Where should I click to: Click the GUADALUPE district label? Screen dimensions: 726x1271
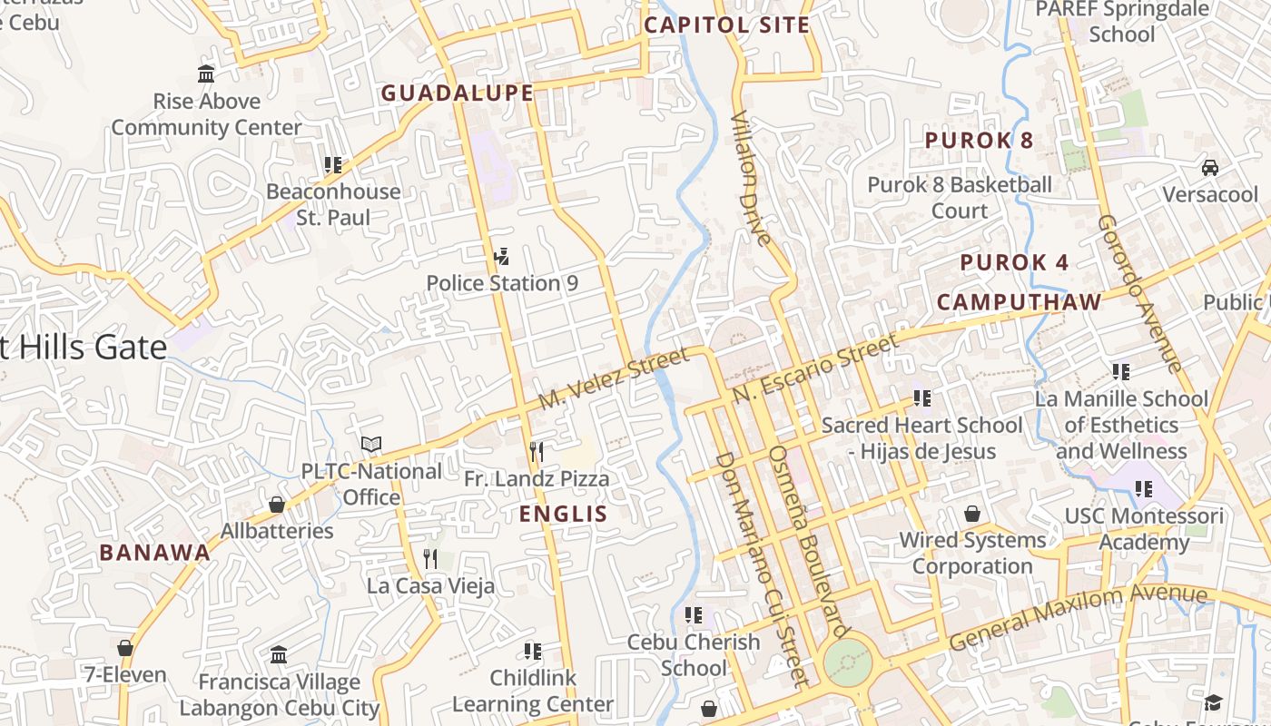pyautogui.click(x=457, y=93)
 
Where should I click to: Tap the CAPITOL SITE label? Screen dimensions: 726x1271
pyautogui.click(x=726, y=25)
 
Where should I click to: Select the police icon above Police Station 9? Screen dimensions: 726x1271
pyautogui.click(x=501, y=257)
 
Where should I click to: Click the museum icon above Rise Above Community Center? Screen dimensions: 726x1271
pyautogui.click(x=206, y=74)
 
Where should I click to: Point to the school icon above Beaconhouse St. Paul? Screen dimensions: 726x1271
pyautogui.click(x=333, y=165)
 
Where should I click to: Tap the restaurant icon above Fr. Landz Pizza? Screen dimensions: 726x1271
pyautogui.click(x=537, y=452)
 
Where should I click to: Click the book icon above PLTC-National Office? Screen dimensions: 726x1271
pyautogui.click(x=370, y=445)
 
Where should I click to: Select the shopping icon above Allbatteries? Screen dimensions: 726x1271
pyautogui.click(x=277, y=505)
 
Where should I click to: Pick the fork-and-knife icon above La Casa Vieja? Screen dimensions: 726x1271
pyautogui.click(x=430, y=559)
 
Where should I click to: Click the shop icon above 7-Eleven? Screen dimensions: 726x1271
pyautogui.click(x=125, y=648)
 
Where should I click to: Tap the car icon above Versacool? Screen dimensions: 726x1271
pyautogui.click(x=1210, y=168)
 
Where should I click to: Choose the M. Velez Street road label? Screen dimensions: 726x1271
pyautogui.click(x=613, y=381)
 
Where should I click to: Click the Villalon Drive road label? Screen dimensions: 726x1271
pyautogui.click(x=751, y=179)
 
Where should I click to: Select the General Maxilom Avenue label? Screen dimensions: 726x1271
pyautogui.click(x=1078, y=617)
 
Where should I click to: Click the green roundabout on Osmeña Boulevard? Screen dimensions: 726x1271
pyautogui.click(x=847, y=663)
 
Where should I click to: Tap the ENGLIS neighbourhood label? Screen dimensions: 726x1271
pyautogui.click(x=563, y=514)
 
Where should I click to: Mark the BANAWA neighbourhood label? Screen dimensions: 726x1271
pyautogui.click(x=154, y=553)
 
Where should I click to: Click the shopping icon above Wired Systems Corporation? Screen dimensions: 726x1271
pyautogui.click(x=972, y=514)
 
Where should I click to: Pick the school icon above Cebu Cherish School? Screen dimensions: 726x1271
pyautogui.click(x=694, y=615)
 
